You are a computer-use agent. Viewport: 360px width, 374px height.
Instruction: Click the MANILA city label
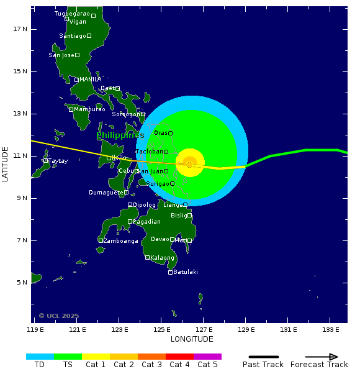coord(90,80)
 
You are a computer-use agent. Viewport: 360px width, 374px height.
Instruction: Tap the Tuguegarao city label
coord(72,13)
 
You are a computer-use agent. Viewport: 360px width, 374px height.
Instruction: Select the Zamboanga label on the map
coord(120,240)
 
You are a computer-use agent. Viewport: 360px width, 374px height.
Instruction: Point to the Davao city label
coord(160,239)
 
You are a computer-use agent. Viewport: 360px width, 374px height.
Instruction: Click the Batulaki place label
coord(186,272)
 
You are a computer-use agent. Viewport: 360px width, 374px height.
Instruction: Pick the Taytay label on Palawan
coord(58,161)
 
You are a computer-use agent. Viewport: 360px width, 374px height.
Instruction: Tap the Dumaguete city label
coord(106,193)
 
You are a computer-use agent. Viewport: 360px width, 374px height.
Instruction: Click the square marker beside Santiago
coord(89,36)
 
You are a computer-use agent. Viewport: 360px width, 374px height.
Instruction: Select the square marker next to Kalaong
coord(147,258)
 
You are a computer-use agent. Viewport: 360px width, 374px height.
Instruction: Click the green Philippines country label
coord(119,135)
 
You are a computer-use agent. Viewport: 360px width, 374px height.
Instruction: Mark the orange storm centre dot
coord(189,164)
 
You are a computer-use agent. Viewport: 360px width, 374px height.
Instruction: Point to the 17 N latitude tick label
coord(20,29)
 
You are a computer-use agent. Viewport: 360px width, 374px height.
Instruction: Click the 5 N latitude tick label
coord(22,283)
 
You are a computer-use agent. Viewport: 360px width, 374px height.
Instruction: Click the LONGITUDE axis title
coord(192,339)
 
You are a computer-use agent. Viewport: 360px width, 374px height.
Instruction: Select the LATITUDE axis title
coord(6,164)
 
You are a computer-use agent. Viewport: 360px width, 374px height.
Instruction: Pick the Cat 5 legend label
coord(207,365)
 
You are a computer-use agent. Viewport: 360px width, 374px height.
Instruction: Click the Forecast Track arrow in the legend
coord(314,357)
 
